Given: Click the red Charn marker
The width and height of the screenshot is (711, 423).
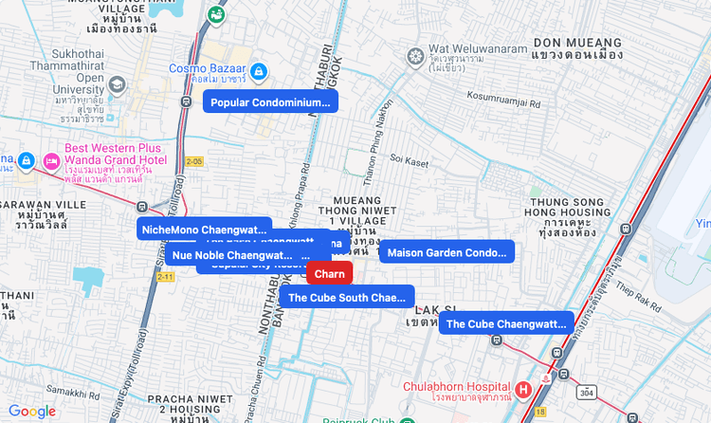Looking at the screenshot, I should (x=329, y=273).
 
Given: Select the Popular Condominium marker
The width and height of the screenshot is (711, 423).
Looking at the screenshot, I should (x=270, y=102).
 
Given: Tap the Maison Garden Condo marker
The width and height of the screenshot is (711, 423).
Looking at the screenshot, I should (x=447, y=252).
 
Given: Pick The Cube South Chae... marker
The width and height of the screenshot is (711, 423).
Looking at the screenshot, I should (x=346, y=297).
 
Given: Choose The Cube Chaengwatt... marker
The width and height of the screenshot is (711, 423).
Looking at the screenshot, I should (x=506, y=323).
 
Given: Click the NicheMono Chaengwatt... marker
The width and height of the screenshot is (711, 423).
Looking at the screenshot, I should (x=204, y=229).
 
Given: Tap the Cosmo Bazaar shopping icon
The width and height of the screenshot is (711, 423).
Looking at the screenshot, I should (x=258, y=69).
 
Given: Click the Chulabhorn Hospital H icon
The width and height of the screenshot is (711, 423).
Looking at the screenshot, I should (x=522, y=388).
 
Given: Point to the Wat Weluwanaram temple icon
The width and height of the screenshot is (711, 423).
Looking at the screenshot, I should (x=414, y=58).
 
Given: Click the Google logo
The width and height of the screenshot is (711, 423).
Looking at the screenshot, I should (x=32, y=411).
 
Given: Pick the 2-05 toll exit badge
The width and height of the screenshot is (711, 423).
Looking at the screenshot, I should (x=194, y=161).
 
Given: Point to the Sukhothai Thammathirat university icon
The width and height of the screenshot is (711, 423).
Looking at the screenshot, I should (x=118, y=83).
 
